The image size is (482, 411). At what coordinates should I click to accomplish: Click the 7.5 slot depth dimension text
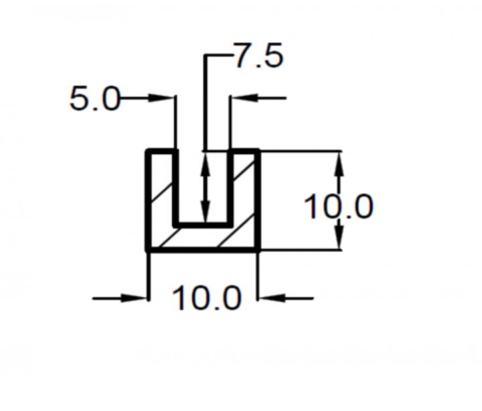(258, 56)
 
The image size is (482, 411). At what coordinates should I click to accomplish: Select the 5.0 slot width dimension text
(95, 99)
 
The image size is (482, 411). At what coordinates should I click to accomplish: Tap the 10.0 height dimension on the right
(339, 207)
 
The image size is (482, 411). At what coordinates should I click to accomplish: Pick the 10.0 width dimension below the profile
(207, 298)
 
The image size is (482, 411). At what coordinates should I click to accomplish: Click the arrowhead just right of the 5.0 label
(160, 98)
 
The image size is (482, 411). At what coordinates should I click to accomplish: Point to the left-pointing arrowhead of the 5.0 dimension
(245, 98)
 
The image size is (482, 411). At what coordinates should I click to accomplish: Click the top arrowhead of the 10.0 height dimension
(339, 164)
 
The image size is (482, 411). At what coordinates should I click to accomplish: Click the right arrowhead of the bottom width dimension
(271, 298)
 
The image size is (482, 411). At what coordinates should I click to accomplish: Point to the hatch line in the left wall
(161, 193)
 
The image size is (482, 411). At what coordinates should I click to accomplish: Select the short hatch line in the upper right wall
(244, 171)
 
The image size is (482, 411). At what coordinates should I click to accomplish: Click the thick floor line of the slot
(203, 225)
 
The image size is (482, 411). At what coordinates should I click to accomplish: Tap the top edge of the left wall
(162, 151)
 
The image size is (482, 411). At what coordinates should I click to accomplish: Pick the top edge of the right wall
(244, 151)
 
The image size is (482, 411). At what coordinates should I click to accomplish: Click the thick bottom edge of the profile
(203, 249)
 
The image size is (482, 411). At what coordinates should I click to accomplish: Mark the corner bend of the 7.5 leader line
(206, 56)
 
